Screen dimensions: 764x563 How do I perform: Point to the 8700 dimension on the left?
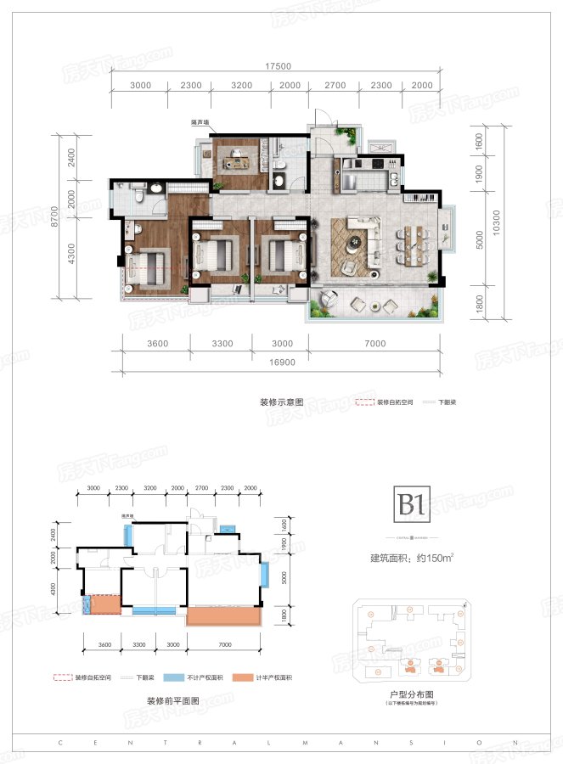(x=79, y=220)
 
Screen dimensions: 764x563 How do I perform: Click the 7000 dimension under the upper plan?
(x=374, y=344)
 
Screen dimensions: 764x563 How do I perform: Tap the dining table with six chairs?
(x=414, y=240)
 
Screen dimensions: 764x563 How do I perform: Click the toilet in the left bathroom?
(x=138, y=195)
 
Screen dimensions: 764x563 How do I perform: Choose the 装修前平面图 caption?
(x=173, y=701)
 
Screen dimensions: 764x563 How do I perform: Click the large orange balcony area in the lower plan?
(x=222, y=615)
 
